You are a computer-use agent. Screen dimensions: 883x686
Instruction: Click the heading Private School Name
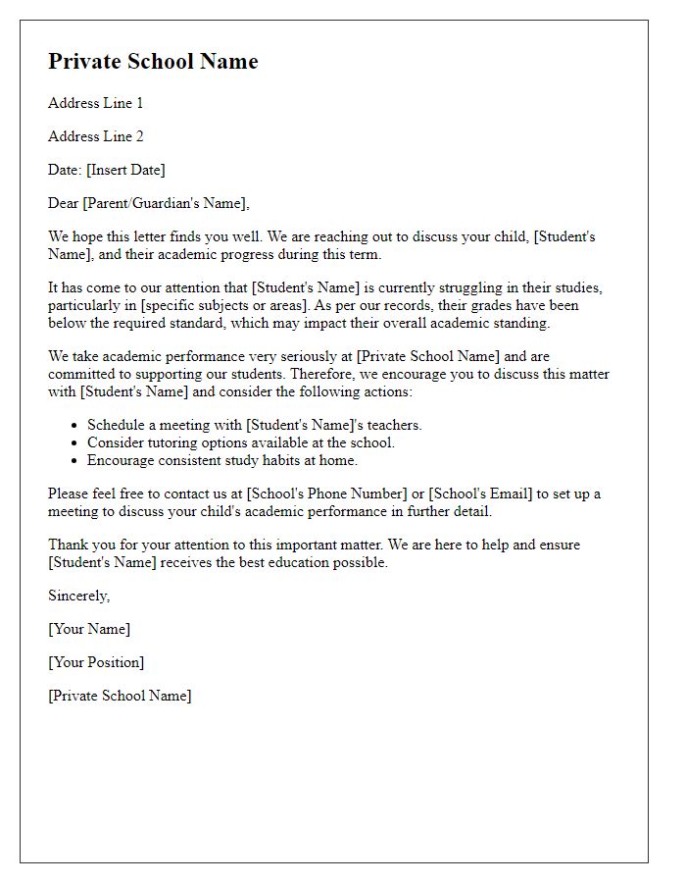tap(153, 61)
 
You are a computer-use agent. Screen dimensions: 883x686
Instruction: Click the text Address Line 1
tap(96, 103)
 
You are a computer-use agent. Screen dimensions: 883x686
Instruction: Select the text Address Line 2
tap(96, 136)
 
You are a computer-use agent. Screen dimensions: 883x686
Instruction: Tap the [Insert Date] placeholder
tap(125, 170)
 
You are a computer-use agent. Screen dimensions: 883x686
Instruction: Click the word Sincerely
tap(78, 596)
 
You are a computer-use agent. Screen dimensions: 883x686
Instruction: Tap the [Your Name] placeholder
tap(89, 629)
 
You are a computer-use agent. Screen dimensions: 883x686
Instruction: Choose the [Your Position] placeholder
tap(96, 662)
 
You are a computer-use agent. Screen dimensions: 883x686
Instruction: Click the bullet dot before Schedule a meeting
tap(74, 426)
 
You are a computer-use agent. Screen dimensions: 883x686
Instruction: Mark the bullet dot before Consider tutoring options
tap(74, 443)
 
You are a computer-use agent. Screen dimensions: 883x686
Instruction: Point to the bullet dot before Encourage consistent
tap(74, 460)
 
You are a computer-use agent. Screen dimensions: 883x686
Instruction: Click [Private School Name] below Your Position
tap(120, 696)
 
